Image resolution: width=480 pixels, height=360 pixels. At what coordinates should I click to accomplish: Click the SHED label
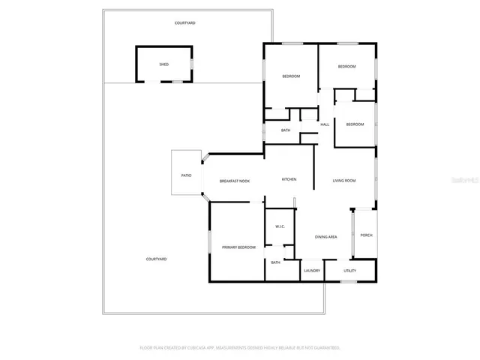(163, 64)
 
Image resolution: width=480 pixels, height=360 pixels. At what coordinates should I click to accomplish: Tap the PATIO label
(186, 175)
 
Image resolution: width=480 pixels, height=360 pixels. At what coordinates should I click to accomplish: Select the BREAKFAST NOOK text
(235, 181)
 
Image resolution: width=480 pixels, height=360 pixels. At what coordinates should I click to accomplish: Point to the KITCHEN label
(289, 179)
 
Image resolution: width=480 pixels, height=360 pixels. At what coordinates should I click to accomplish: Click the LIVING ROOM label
(344, 180)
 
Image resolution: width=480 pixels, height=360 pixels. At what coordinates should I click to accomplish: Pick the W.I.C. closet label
(279, 226)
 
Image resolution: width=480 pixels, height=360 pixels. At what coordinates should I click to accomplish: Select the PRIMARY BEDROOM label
(238, 247)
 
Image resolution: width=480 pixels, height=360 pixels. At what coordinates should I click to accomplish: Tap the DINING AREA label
(325, 237)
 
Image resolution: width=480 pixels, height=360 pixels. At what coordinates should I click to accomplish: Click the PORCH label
(366, 235)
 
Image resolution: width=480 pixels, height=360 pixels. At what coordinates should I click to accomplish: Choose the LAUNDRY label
(312, 271)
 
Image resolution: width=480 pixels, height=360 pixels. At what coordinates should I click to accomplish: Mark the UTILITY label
(350, 271)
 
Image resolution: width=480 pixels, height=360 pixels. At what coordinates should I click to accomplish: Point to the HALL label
(325, 124)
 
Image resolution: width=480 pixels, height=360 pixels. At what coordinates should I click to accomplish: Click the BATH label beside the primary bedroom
(275, 262)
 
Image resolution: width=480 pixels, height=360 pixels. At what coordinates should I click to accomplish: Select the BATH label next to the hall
(286, 130)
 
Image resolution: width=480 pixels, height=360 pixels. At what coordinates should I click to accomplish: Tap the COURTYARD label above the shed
(185, 23)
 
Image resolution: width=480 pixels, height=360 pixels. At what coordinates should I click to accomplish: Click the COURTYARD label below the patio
(156, 259)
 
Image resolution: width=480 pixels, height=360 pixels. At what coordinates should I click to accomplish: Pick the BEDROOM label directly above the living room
(355, 124)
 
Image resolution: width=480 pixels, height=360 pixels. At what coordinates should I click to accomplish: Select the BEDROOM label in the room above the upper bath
(291, 76)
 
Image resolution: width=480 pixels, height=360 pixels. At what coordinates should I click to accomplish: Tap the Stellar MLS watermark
(464, 180)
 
